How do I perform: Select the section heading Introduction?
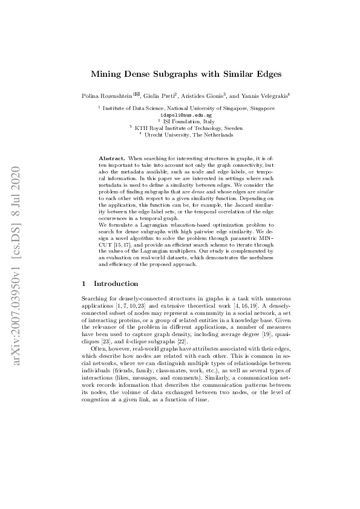point(116,283)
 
